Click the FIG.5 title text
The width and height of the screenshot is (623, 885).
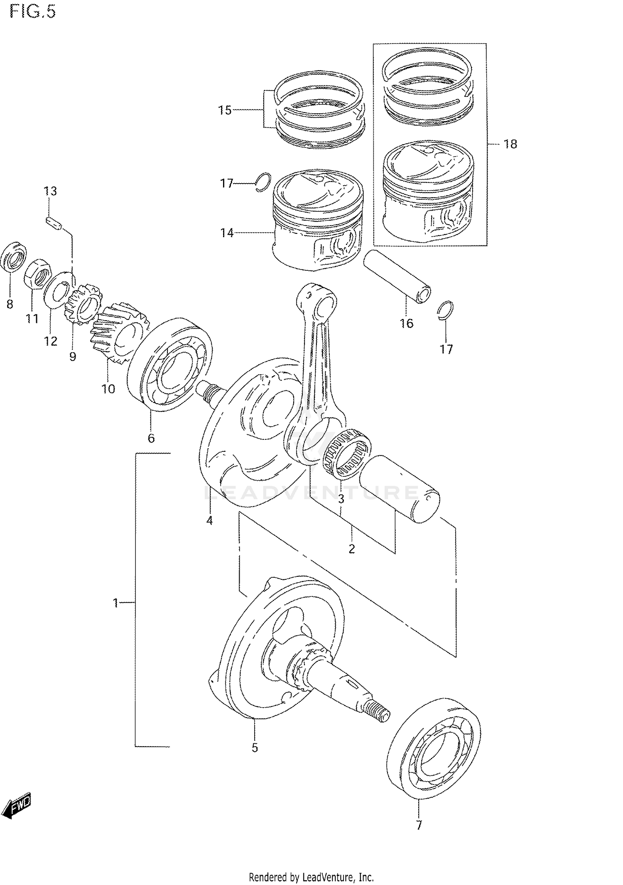[x=32, y=11]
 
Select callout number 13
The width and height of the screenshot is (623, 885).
[x=50, y=191]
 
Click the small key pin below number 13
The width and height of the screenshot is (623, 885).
[x=54, y=223]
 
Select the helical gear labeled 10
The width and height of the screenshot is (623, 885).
[x=119, y=332]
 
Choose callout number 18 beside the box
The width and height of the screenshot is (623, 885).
[x=510, y=144]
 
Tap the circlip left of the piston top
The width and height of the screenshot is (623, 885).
[x=263, y=181]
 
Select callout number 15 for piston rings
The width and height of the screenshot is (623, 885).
[x=225, y=110]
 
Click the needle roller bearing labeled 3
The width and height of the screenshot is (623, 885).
[x=347, y=453]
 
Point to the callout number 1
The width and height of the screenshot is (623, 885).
[x=116, y=603]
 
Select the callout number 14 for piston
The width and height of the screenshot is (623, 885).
[x=227, y=233]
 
